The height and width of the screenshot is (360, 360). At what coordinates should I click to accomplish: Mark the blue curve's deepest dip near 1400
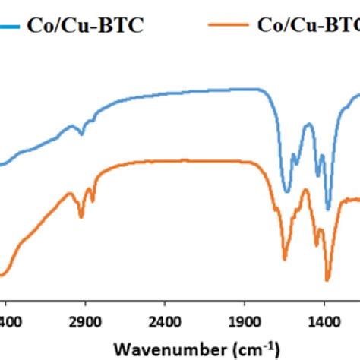click(328, 208)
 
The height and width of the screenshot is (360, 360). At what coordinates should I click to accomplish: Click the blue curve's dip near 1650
click(286, 191)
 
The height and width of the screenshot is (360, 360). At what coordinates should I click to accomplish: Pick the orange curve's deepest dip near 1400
click(327, 279)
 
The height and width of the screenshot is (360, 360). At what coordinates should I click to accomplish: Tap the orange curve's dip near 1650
click(285, 258)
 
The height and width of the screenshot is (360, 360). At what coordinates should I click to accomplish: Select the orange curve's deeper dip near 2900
click(81, 216)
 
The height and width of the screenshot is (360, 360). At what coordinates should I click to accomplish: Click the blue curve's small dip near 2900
click(81, 134)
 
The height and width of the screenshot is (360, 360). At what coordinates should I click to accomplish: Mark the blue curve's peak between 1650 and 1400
click(308, 125)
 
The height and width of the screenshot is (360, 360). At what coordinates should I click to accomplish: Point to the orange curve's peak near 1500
click(305, 190)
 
